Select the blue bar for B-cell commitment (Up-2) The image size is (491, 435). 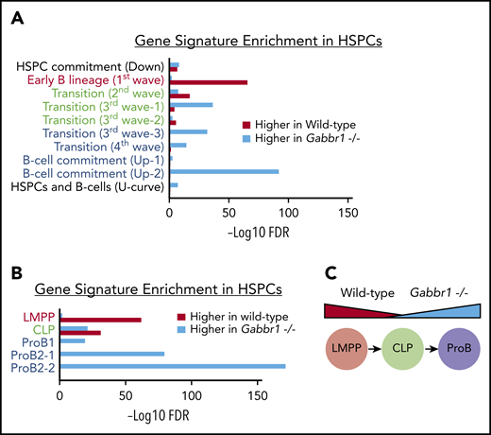[223, 171]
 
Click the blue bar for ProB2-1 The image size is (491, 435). [112, 355]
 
